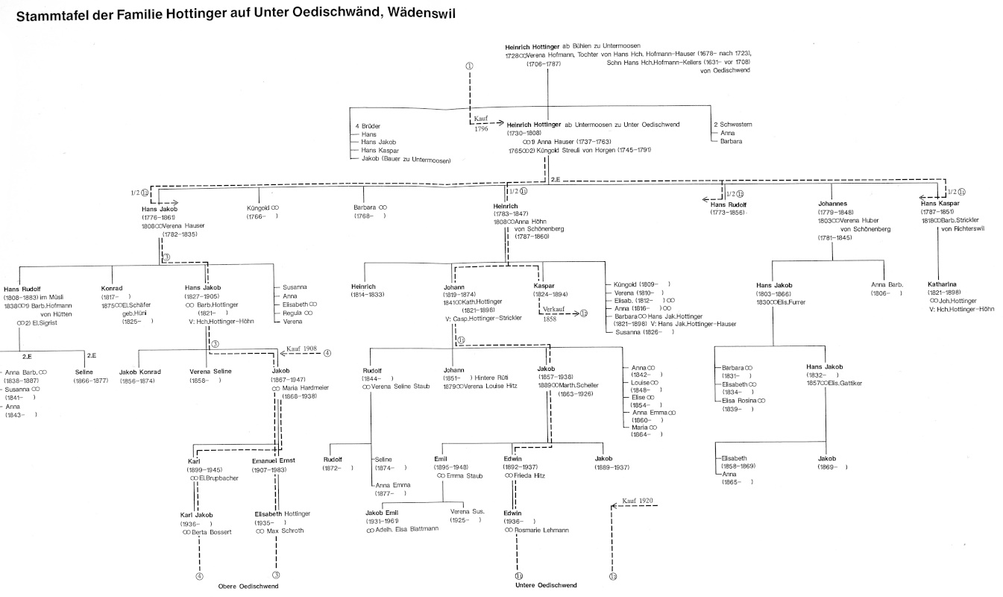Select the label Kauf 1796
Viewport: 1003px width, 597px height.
481,123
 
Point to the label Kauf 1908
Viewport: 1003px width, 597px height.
299,348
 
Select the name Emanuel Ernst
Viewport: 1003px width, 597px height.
274,460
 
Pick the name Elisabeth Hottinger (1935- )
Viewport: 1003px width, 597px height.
283,513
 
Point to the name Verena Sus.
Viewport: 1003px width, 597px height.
468,511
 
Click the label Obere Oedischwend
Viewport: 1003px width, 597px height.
248,587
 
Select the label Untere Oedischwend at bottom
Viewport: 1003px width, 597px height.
546,585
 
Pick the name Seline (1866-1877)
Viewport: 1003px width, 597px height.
84,371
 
